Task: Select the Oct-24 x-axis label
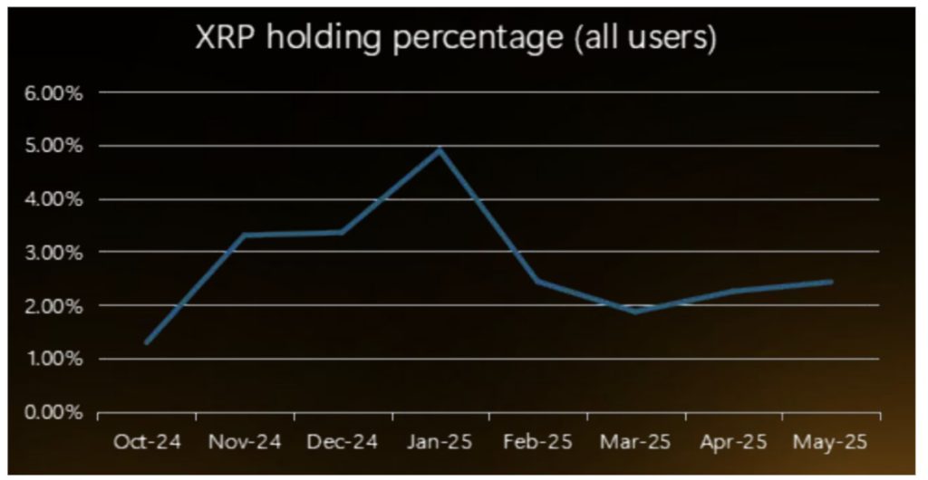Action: coord(147,442)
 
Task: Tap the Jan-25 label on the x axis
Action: coord(440,442)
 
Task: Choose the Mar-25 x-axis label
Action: coord(636,442)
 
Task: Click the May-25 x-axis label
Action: coord(831,442)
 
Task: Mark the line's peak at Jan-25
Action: coord(440,149)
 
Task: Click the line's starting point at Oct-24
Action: coord(147,342)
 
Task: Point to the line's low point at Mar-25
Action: coord(636,312)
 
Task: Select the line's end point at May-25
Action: coord(831,282)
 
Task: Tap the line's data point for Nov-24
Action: coord(245,235)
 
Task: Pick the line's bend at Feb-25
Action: coord(538,282)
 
